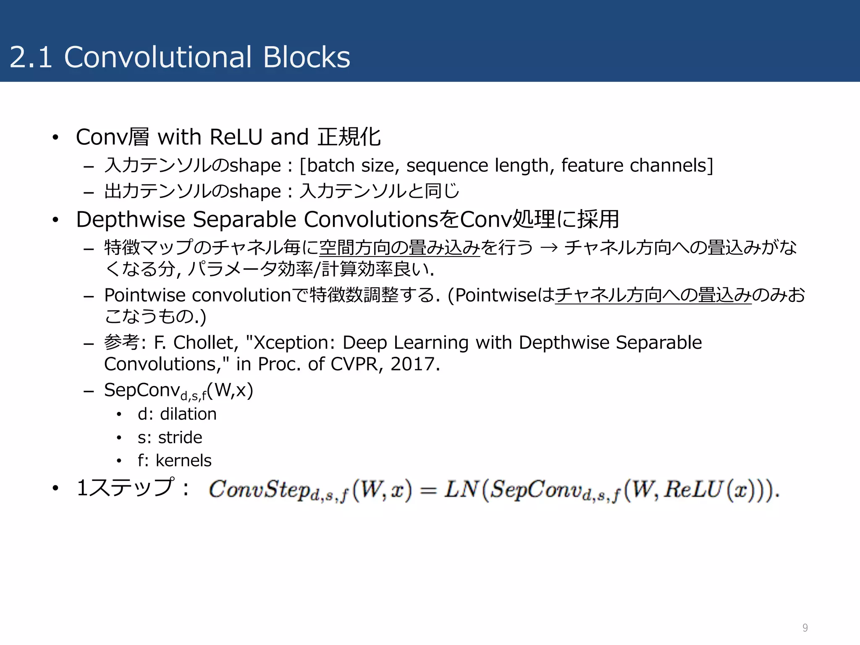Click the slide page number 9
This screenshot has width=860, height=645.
(x=805, y=627)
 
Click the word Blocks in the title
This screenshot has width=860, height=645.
(x=307, y=57)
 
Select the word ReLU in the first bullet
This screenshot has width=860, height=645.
(x=236, y=137)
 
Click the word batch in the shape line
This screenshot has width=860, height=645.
(x=331, y=165)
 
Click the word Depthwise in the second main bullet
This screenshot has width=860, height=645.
(x=130, y=219)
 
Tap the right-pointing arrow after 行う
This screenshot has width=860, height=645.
(x=549, y=248)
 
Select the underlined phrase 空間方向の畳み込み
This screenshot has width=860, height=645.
(x=399, y=248)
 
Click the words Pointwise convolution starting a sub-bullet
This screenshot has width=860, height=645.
(x=197, y=295)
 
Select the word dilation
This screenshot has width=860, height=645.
(x=188, y=414)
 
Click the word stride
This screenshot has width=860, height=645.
(x=180, y=438)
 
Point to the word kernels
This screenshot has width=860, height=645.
(x=184, y=461)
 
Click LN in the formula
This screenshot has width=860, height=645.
(x=461, y=489)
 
